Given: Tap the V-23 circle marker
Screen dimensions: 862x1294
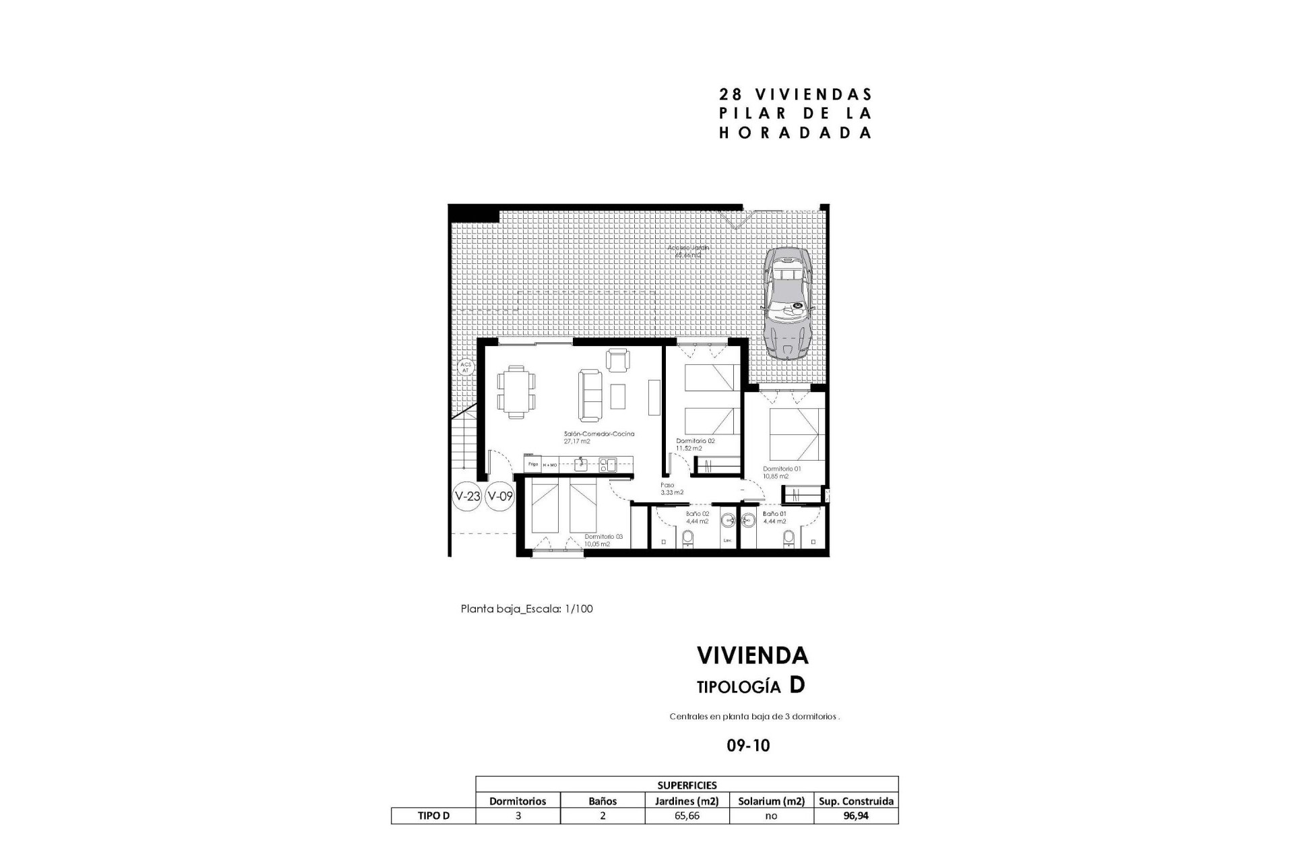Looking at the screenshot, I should (467, 497).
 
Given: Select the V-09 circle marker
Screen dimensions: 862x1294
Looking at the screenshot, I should (500, 497).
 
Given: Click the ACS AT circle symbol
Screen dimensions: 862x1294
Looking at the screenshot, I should (466, 367).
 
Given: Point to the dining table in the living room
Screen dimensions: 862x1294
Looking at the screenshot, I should (516, 391).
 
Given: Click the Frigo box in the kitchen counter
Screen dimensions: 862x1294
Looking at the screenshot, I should (532, 464).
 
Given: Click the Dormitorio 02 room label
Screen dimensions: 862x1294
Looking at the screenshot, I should (696, 441).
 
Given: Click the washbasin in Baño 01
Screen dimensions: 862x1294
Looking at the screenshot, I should (747, 521).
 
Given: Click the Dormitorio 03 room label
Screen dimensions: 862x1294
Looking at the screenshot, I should (603, 537).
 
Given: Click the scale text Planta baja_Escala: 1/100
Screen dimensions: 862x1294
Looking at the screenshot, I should (526, 609).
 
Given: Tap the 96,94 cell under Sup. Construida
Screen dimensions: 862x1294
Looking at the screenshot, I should (856, 816).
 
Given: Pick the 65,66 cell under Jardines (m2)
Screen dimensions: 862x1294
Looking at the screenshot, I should (687, 816).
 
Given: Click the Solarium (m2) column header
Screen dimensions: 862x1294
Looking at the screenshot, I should (771, 801).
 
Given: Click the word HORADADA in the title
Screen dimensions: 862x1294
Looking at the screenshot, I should (795, 133).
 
